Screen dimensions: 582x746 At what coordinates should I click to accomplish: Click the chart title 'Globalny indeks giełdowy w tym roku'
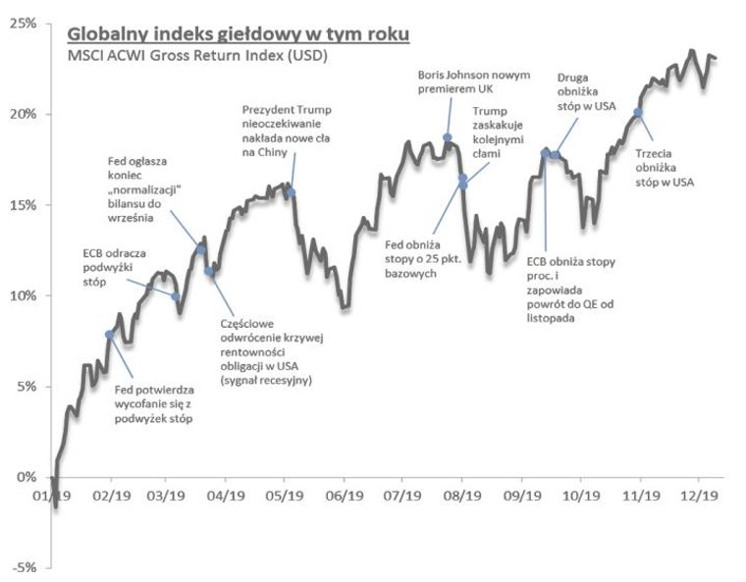click(x=237, y=34)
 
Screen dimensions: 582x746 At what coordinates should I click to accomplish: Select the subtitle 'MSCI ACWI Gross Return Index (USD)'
click(x=196, y=56)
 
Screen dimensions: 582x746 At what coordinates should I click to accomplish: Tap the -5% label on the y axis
click(x=24, y=568)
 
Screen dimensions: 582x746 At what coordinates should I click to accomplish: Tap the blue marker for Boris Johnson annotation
click(x=448, y=138)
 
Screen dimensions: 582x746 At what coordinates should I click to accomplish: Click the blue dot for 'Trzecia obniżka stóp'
click(x=638, y=112)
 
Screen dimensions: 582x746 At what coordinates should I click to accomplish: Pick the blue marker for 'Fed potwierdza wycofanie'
click(x=109, y=335)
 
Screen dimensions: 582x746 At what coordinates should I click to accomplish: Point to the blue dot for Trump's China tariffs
click(x=291, y=191)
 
